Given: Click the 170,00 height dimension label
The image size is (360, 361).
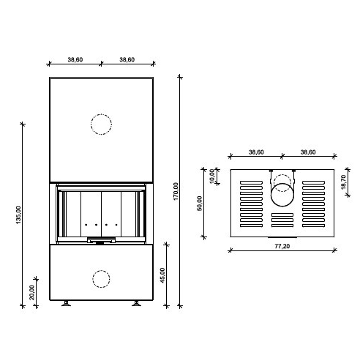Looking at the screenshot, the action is (176, 191).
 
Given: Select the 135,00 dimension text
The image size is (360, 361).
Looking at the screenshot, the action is (18, 215).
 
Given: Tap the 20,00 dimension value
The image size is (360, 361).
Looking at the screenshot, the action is (31, 292).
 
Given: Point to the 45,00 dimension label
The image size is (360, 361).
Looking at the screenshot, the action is (162, 275).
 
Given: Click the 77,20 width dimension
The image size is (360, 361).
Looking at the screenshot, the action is (282, 246).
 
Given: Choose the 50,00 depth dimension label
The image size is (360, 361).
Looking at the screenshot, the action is (200, 203).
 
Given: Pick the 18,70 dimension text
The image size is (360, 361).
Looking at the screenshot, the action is (343, 182).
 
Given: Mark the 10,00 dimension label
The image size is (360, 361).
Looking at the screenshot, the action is (211, 176).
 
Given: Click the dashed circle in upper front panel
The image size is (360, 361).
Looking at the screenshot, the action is (101, 114).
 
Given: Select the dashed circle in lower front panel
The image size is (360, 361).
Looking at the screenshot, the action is (101, 270).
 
